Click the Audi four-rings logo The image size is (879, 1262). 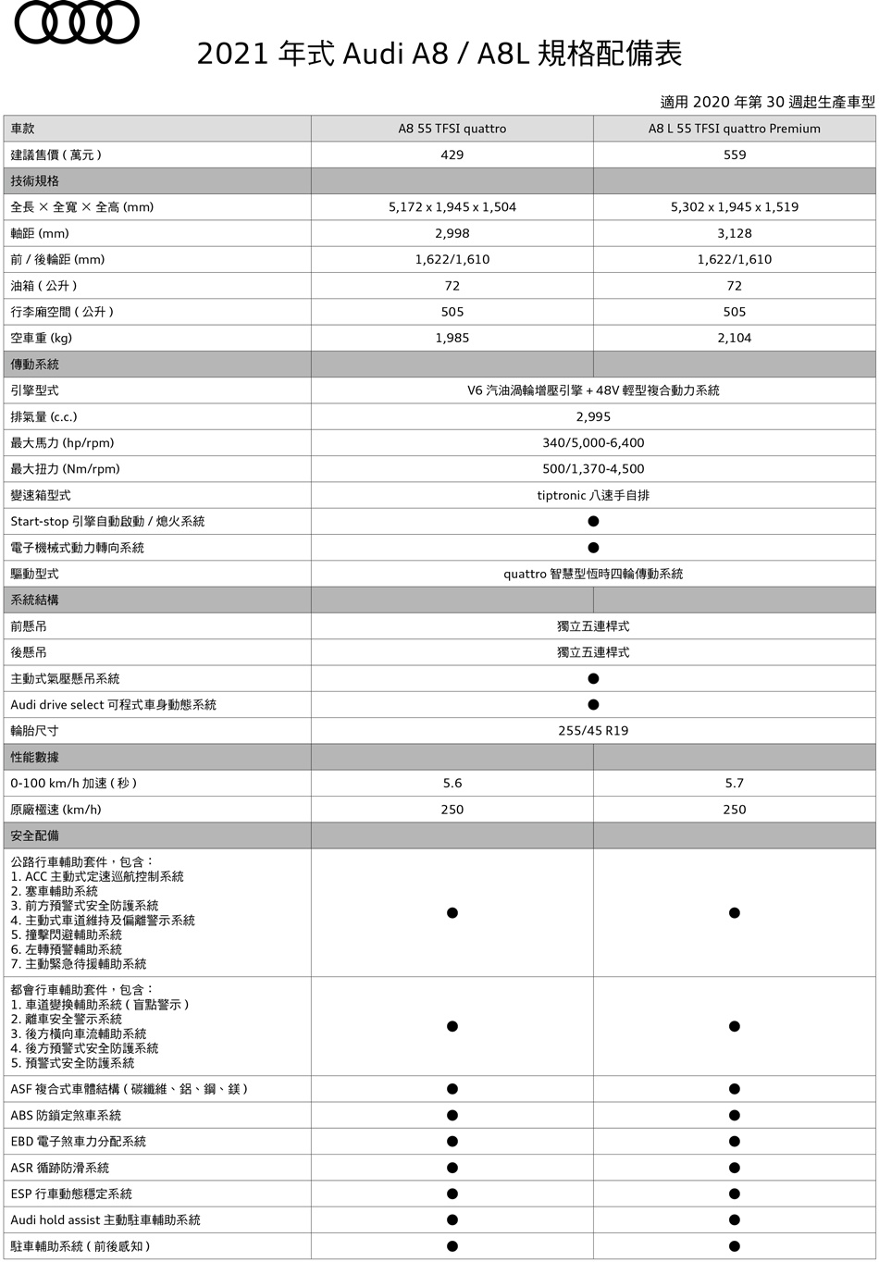(x=78, y=22)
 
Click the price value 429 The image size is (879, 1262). (x=452, y=155)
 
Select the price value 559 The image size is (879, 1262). (x=734, y=155)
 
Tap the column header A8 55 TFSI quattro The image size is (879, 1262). (x=452, y=129)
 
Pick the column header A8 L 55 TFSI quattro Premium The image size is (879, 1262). (x=734, y=129)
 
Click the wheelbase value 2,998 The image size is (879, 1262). (x=452, y=233)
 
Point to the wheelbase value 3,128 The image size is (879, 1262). (x=734, y=233)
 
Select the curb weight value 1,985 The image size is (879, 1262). (x=452, y=338)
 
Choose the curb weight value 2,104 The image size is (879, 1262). (x=734, y=338)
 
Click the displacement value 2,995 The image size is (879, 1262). (x=593, y=416)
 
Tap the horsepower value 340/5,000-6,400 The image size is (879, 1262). (x=593, y=442)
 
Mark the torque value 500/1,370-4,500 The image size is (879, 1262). (x=593, y=469)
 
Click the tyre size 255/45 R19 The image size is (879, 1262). (x=593, y=731)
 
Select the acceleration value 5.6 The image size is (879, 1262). (x=452, y=783)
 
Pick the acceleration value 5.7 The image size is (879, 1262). (x=734, y=783)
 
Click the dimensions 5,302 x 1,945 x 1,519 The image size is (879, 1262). (x=734, y=207)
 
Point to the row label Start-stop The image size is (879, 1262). (x=107, y=521)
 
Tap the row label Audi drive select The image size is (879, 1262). (x=113, y=705)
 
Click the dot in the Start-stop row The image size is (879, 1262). (x=593, y=521)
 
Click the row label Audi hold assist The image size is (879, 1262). (x=105, y=1219)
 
